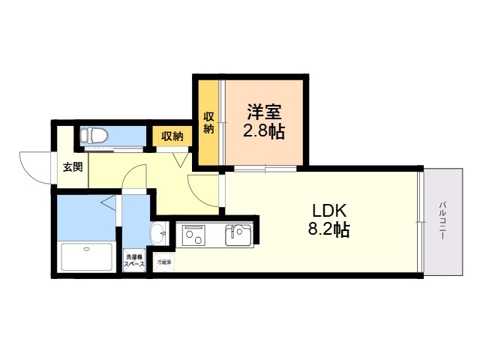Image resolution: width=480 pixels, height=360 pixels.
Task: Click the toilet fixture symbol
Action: point(94,136)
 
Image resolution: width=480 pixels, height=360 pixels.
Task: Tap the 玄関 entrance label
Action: point(73,166)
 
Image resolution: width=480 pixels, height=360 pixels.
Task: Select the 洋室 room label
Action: point(264,112)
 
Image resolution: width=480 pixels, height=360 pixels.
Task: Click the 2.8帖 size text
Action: point(264,131)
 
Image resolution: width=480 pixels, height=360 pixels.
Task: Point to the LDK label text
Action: point(329,211)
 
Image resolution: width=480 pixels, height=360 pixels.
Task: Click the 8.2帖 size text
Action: point(328,229)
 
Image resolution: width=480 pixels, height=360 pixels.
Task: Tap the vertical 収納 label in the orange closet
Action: point(208,123)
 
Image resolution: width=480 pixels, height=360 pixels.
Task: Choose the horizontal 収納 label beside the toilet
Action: point(172,136)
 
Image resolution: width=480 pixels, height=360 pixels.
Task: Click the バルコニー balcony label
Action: point(442,220)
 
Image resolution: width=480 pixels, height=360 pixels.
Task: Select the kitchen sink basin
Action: point(238,235)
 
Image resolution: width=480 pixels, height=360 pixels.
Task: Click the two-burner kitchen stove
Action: point(193,235)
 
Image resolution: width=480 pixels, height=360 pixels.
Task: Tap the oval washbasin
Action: point(158,233)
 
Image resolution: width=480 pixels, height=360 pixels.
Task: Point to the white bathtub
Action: point(87,256)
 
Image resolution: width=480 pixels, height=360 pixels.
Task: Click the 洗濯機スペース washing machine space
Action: point(134,260)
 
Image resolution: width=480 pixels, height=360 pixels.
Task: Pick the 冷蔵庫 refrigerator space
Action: point(164,262)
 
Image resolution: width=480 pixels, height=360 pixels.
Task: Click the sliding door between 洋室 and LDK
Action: point(265,168)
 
